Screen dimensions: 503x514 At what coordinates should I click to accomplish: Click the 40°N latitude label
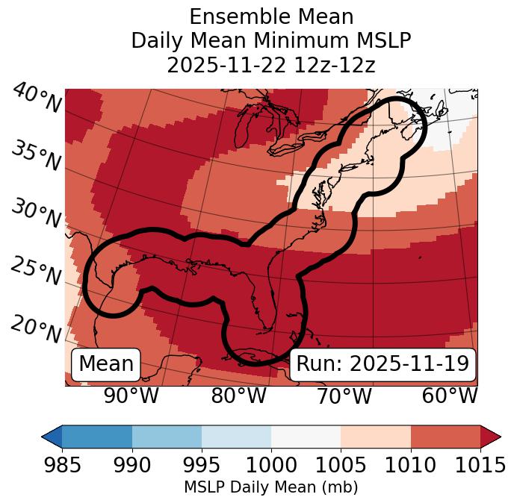click(x=37, y=99)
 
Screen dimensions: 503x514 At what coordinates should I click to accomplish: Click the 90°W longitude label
click(x=131, y=396)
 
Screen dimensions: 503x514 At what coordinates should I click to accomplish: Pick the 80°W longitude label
click(x=238, y=396)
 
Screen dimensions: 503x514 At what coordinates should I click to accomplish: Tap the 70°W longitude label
click(x=344, y=396)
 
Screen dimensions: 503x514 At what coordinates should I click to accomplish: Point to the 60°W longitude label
click(x=450, y=396)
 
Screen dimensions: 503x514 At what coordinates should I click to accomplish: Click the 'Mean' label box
click(x=106, y=364)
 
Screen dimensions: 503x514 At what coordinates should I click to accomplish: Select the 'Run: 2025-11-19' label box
click(x=383, y=364)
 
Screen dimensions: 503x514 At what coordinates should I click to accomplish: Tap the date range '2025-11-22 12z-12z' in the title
click(x=271, y=65)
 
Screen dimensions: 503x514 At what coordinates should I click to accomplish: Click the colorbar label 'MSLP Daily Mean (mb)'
click(x=271, y=487)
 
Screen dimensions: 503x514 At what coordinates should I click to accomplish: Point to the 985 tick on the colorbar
click(x=62, y=465)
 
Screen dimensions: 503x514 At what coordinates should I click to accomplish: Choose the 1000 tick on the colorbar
click(x=271, y=465)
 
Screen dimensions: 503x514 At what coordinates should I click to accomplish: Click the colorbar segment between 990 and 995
click(x=167, y=436)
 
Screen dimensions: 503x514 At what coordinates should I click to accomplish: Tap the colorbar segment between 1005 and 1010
click(x=376, y=436)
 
